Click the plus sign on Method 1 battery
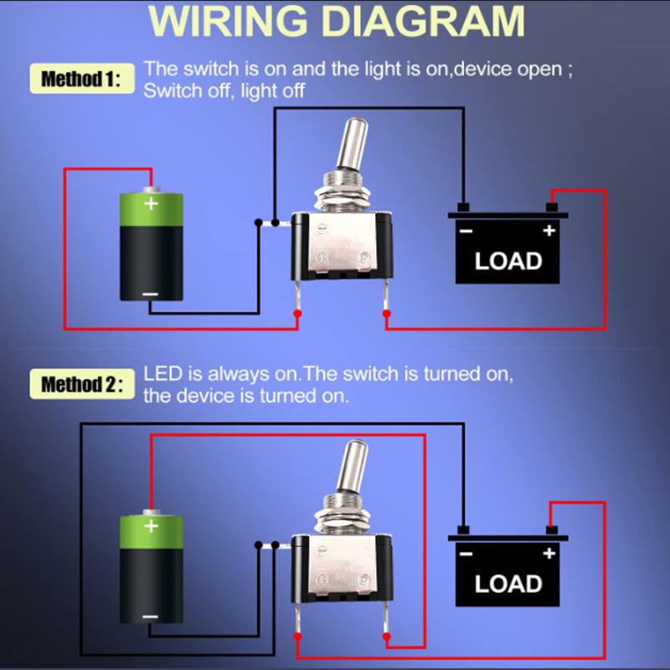coord(151,204)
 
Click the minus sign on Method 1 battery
coord(151,293)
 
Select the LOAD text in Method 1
coord(508,261)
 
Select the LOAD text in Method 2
coord(508,584)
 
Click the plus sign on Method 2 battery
coord(151,527)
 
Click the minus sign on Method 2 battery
coord(151,617)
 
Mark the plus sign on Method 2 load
coord(549,554)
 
